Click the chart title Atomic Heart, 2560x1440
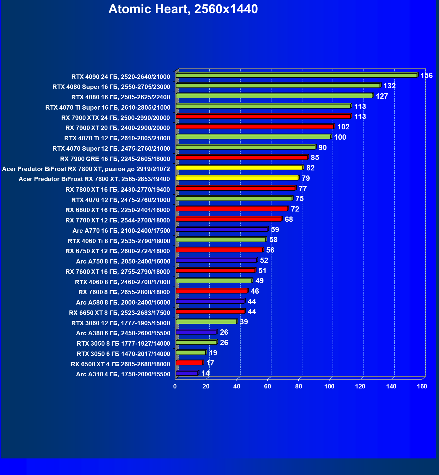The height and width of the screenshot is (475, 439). pyautogui.click(x=183, y=9)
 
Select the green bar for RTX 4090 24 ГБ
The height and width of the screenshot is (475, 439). pyautogui.click(x=296, y=75)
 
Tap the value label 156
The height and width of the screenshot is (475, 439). pyautogui.click(x=426, y=76)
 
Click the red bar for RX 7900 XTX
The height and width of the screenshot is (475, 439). pyautogui.click(x=263, y=116)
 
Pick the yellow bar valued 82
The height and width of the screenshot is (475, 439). pyautogui.click(x=239, y=168)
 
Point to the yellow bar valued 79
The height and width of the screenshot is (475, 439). pyautogui.click(x=237, y=178)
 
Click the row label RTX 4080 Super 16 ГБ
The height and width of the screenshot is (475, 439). pyautogui.click(x=111, y=87)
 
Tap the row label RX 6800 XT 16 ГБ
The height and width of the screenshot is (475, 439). pyautogui.click(x=118, y=210)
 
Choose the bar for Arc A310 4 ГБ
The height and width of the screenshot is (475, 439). pyautogui.click(x=187, y=373)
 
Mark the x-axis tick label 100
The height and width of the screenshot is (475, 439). pyautogui.click(x=329, y=386)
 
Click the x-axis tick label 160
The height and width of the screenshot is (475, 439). pyautogui.click(x=422, y=386)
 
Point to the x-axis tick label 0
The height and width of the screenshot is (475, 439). pyautogui.click(x=175, y=386)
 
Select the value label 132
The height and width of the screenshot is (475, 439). pyautogui.click(x=389, y=86)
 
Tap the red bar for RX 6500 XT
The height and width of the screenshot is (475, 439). pyautogui.click(x=189, y=363)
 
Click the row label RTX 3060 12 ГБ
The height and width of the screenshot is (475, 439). pyautogui.click(x=121, y=323)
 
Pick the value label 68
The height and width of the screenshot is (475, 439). pyautogui.click(x=289, y=219)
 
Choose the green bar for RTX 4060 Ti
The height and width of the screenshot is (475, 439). pyautogui.click(x=221, y=240)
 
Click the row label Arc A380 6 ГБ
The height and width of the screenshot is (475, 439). pyautogui.click(x=123, y=333)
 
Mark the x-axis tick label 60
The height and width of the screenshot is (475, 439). pyautogui.click(x=268, y=386)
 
